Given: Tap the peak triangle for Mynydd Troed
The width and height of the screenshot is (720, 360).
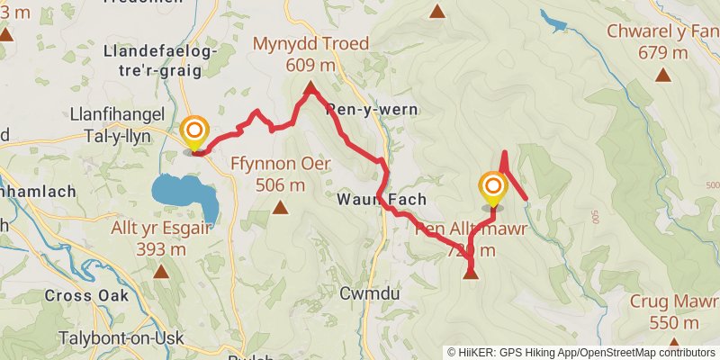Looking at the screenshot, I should (x=310, y=88).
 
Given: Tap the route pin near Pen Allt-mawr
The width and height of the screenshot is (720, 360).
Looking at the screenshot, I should (x=492, y=189).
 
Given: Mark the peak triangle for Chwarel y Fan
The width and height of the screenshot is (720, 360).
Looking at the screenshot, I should (x=663, y=75).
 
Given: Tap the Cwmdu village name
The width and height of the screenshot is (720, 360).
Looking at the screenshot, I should (x=364, y=293).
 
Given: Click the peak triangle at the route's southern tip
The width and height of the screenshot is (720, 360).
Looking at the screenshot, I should (x=471, y=273).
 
